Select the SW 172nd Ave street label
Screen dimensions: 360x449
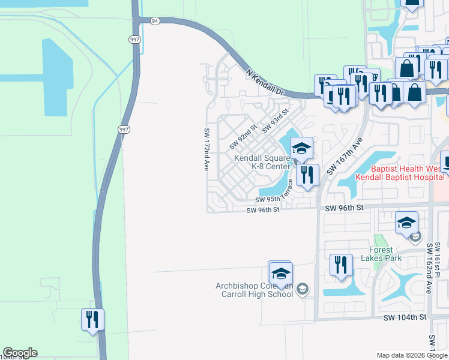pos(206,149)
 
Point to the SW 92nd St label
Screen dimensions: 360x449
pos(243,137)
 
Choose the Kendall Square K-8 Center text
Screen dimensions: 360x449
pos(262,161)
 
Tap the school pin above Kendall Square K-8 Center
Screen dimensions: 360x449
pos(301,148)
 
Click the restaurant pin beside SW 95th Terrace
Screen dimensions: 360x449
pos(307,175)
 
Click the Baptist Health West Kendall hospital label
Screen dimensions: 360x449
pos(399,173)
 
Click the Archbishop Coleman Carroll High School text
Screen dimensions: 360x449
pos(255,290)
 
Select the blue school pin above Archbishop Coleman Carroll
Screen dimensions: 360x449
pos(280,274)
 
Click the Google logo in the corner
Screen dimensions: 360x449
pos(20,353)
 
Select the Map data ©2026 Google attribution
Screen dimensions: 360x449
pos(412,355)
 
